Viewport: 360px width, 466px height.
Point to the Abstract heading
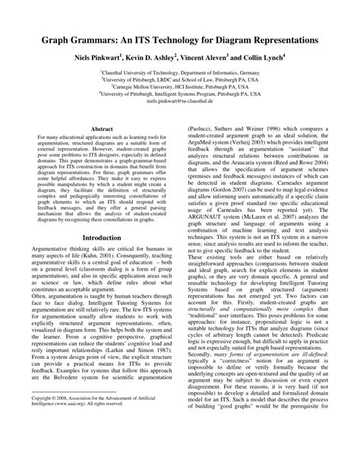point(102,131)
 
